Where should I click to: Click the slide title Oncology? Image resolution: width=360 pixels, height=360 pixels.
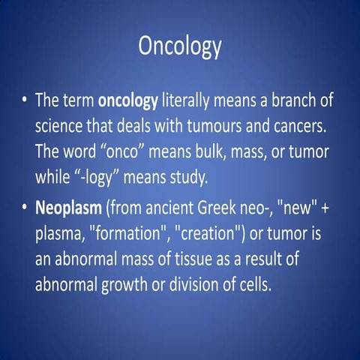(x=180, y=46)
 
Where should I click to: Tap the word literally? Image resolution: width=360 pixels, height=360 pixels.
(x=191, y=101)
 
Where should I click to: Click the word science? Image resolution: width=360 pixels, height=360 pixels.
(x=62, y=125)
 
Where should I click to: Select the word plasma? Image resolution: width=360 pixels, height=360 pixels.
(x=63, y=235)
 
